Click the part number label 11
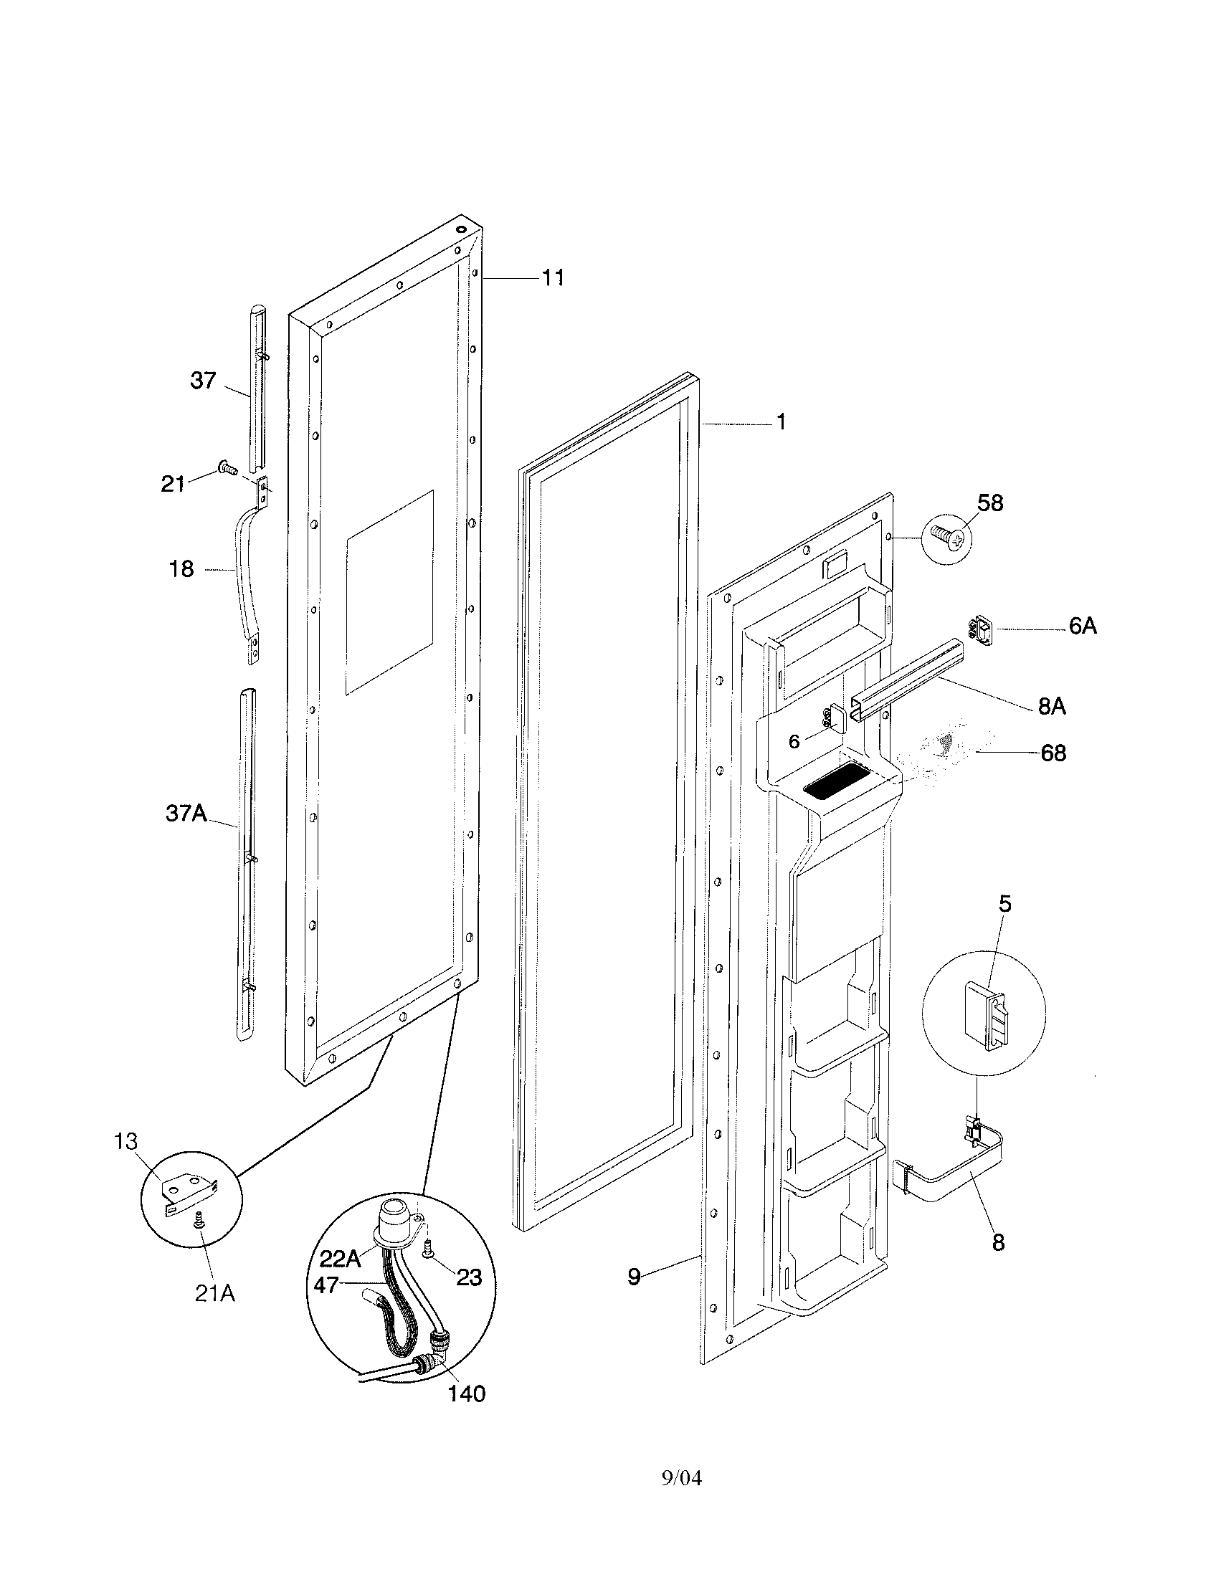point(553,277)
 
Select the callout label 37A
point(186,814)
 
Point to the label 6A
point(1083,626)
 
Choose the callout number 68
point(1053,753)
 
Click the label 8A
point(1052,706)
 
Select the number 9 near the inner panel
point(633,1277)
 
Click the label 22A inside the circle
point(339,1259)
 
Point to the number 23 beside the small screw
point(470,1278)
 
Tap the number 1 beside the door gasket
point(781,422)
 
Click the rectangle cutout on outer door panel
point(390,593)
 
